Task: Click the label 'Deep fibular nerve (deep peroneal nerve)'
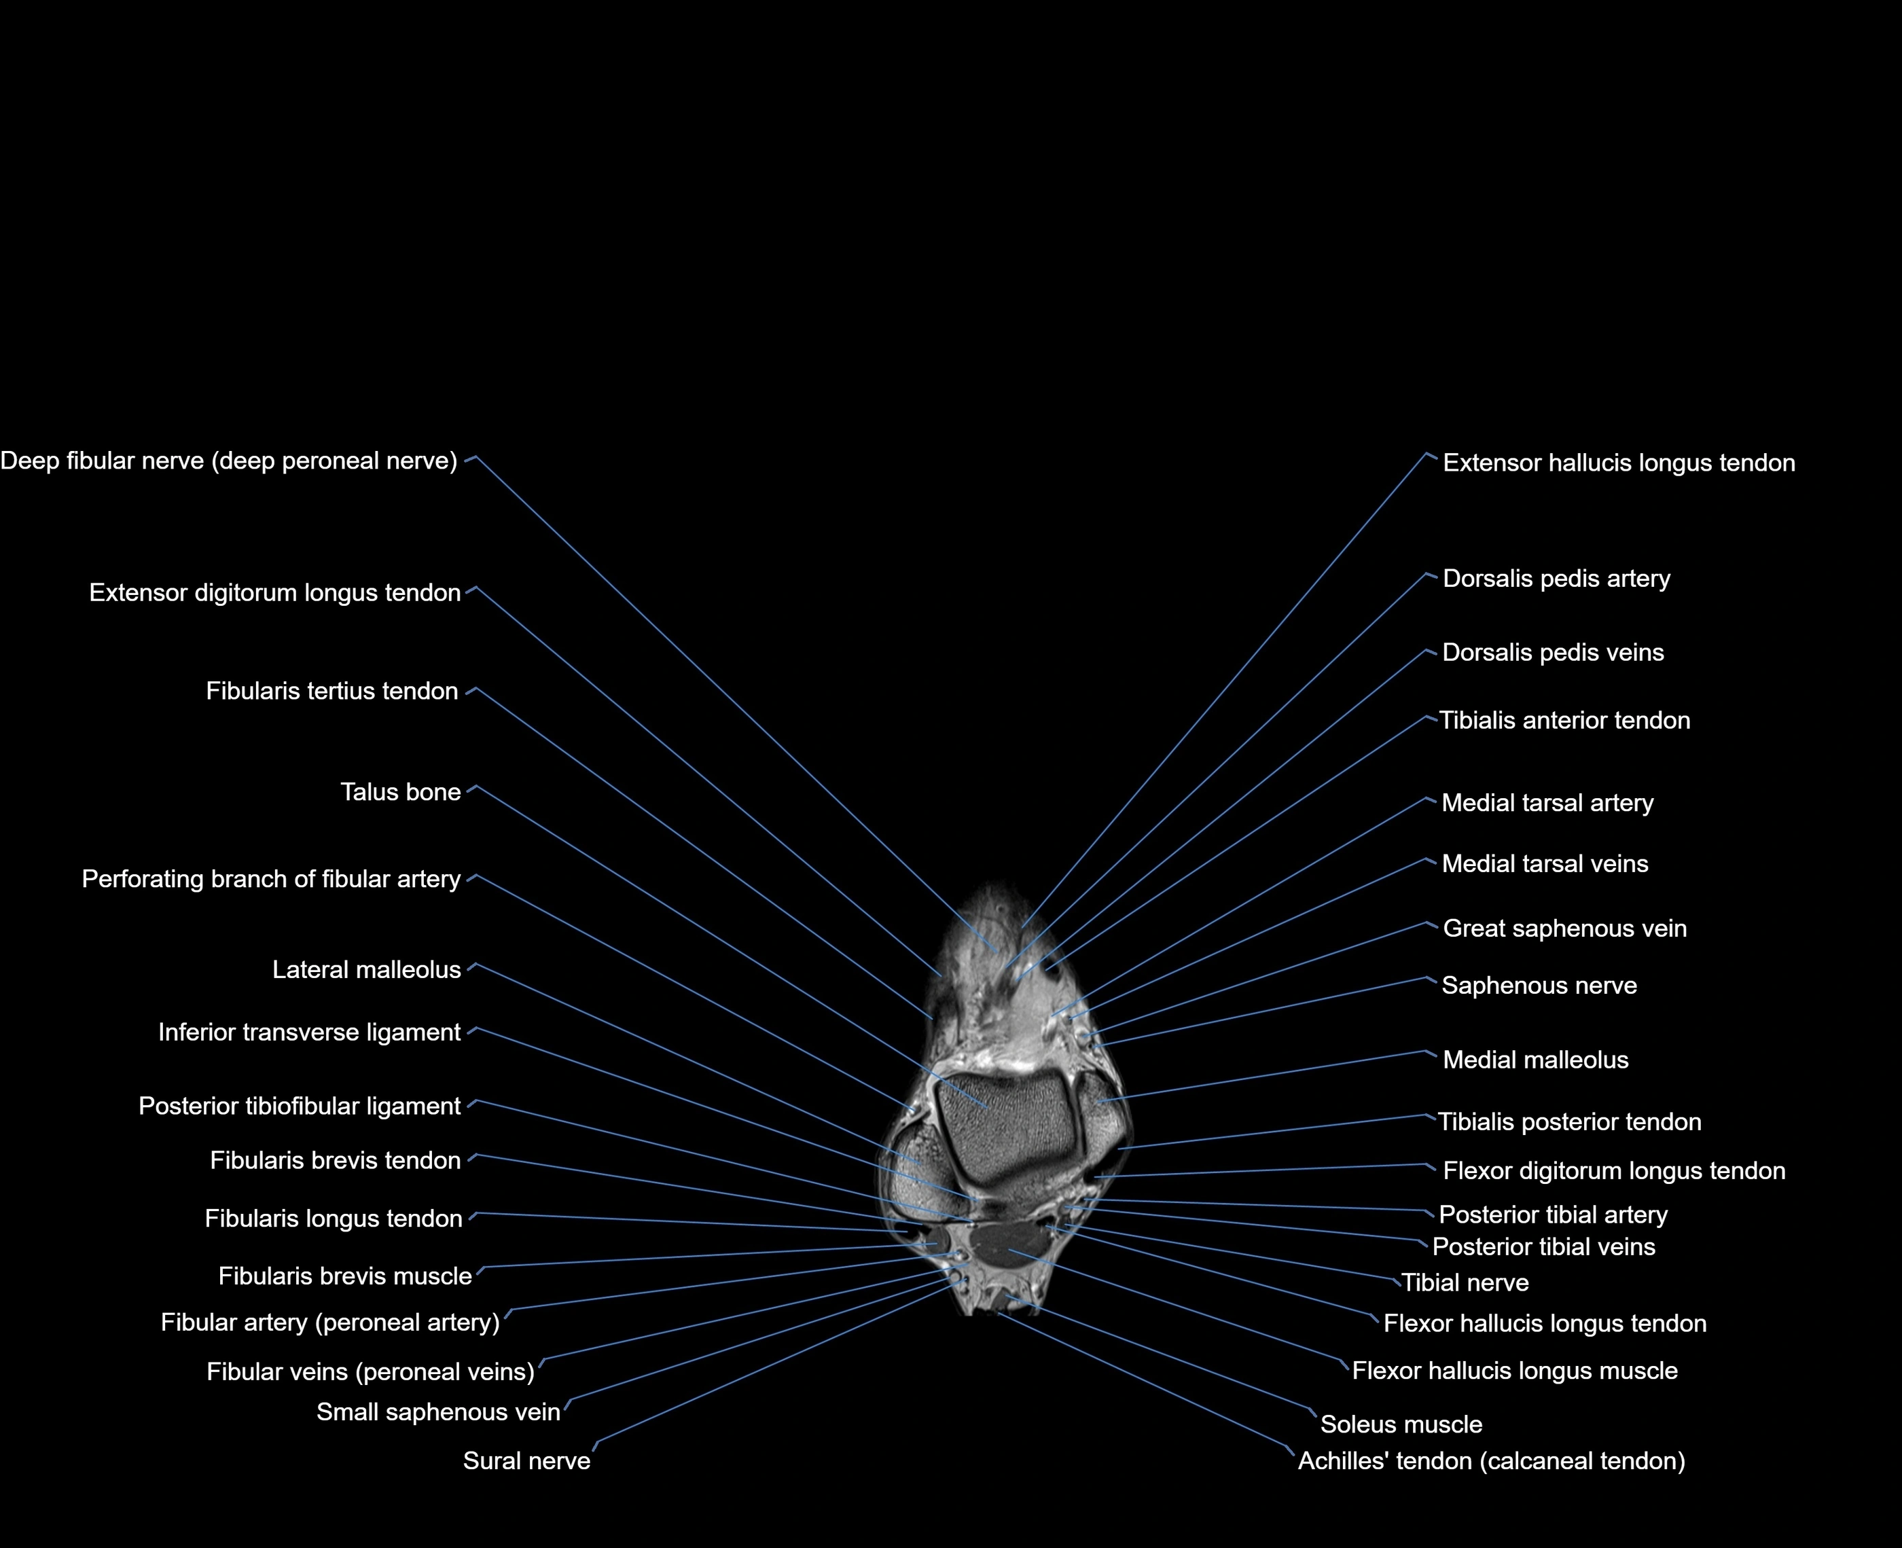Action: coord(228,461)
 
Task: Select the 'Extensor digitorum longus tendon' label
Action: coord(274,593)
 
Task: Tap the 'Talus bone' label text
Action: coord(400,792)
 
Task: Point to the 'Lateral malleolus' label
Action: coord(367,969)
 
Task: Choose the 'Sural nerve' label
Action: coord(526,1460)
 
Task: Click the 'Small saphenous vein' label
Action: coord(438,1411)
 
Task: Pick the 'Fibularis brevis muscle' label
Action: coord(344,1276)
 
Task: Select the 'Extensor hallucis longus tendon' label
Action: coord(1619,463)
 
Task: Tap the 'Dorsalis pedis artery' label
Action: coord(1556,579)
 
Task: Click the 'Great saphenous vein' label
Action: coord(1564,929)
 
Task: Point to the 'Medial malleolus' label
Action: coord(1535,1060)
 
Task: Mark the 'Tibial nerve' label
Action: coord(1465,1282)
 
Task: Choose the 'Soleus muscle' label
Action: coord(1401,1424)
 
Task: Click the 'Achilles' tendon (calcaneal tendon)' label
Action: coord(1491,1460)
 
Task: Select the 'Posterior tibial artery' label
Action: coord(1552,1214)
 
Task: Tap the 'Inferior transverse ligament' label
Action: coord(310,1032)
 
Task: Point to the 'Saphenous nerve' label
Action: coord(1539,986)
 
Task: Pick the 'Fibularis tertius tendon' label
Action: coord(331,691)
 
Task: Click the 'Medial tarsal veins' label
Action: coord(1545,863)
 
